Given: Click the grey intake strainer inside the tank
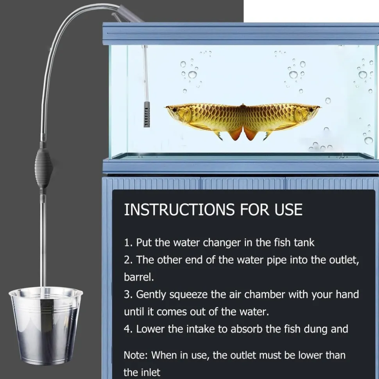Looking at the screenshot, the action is pyautogui.click(x=147, y=114).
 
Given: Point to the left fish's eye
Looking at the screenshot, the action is pyautogui.click(x=175, y=110).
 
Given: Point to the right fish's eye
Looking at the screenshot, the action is pyautogui.click(x=311, y=110).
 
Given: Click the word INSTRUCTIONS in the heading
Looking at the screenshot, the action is pyautogui.click(x=179, y=209).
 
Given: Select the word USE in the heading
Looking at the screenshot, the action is pyautogui.click(x=288, y=209).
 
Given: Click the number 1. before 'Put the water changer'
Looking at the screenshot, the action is pyautogui.click(x=128, y=242).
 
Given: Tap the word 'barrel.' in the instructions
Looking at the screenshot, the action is pyautogui.click(x=139, y=277).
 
